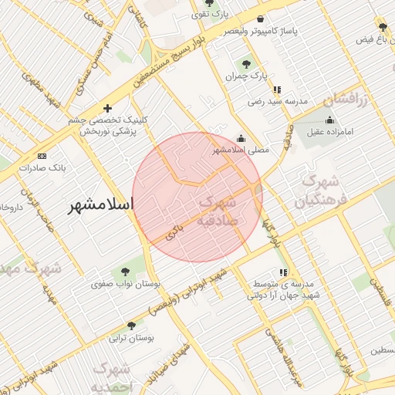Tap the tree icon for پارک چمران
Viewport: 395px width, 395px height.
(246, 64)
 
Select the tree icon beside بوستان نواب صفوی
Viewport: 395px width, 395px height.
(125, 271)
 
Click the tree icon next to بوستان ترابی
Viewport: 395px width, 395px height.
(131, 326)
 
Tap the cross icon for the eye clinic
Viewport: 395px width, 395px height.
(107, 108)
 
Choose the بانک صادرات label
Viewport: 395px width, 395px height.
(42, 167)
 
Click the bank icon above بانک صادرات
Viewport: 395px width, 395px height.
(42, 155)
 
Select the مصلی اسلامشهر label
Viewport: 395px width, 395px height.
(241, 150)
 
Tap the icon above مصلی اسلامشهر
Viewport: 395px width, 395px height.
(241, 139)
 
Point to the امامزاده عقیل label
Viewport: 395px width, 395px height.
(329, 131)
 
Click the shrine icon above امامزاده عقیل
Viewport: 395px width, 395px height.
(330, 120)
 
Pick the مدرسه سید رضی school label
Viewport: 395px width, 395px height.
(277, 101)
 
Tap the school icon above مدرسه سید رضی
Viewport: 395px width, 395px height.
(277, 89)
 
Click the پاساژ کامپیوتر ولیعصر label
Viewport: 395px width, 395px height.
(260, 31)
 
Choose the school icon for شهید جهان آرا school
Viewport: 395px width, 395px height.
(283, 272)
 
